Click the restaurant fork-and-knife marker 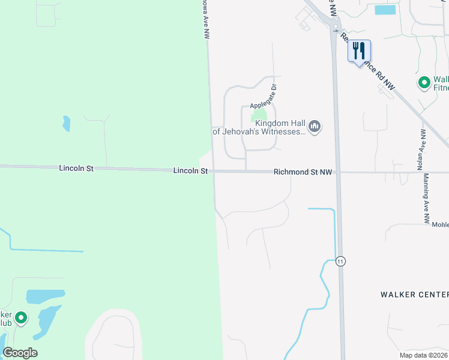[x=359, y=51]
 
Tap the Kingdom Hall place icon [x=315, y=127]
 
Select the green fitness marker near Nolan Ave [x=424, y=82]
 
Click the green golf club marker [x=21, y=318]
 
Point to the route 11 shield [x=341, y=261]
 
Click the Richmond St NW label [x=303, y=172]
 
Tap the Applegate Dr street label [x=262, y=96]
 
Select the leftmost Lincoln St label [x=76, y=169]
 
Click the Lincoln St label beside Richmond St [x=190, y=171]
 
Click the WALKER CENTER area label [x=414, y=295]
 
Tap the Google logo [x=20, y=353]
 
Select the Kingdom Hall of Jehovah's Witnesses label [x=260, y=127]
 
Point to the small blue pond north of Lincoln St [x=66, y=124]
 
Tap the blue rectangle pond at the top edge [x=385, y=10]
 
